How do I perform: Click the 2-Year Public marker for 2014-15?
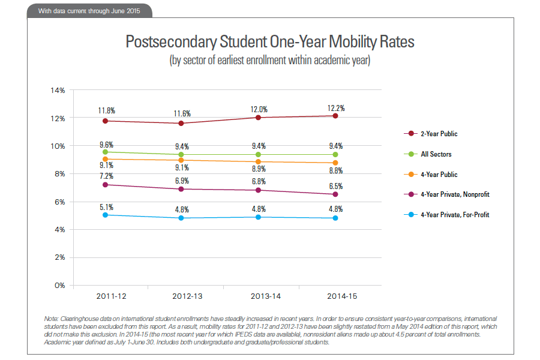(335, 116)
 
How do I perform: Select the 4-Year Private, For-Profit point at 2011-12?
(106, 214)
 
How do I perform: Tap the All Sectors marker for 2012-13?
(182, 154)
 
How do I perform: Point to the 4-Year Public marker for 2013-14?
(259, 161)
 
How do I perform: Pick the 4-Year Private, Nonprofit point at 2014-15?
(335, 194)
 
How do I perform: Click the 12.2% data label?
(336, 108)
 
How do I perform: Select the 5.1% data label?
(107, 206)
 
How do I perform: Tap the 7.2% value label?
(107, 176)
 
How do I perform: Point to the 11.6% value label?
(182, 113)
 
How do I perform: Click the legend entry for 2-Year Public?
(439, 133)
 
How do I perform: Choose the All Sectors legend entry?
(436, 154)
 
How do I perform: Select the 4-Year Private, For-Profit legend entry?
(454, 215)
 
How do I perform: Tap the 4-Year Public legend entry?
(439, 175)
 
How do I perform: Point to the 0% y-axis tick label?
(59, 285)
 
